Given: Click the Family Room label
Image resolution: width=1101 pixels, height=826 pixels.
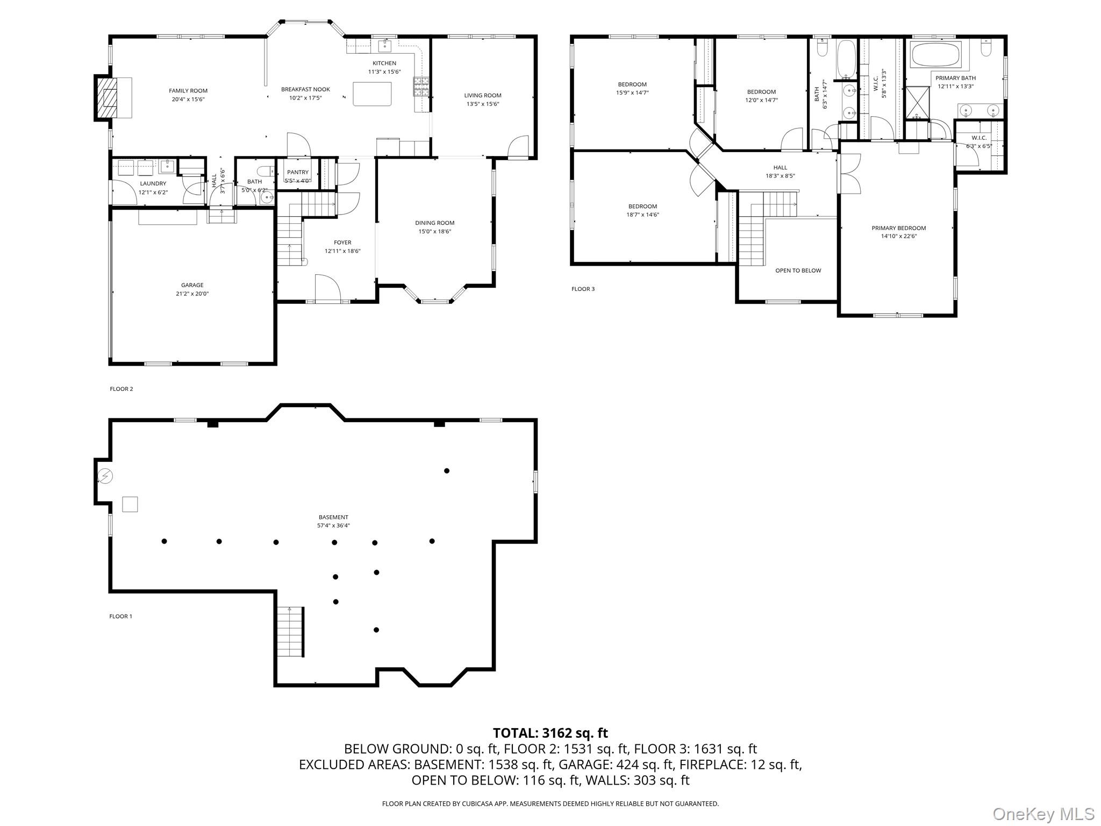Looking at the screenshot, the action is coord(188,91).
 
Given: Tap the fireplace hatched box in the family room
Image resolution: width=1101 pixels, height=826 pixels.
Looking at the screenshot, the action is coord(110,97).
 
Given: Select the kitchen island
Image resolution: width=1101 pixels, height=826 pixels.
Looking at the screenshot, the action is coord(372,94).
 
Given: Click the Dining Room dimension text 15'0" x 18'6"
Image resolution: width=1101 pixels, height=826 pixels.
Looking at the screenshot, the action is coord(434,232).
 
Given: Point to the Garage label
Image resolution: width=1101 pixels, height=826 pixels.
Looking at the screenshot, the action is coord(192,285).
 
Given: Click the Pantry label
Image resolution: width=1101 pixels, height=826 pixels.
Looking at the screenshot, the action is coord(298,172).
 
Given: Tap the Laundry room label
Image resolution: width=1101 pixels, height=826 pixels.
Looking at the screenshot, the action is coord(153,183).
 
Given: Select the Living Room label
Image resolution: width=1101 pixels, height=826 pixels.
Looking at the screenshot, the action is coord(483,95).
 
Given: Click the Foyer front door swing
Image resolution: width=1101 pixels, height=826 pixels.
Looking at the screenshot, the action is coord(328,288).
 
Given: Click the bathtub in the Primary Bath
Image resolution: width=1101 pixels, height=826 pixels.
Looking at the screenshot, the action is coord(936,54).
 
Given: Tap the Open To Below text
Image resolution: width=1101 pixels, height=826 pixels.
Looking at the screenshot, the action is coord(798,270).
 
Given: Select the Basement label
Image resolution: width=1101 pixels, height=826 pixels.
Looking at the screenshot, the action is coord(333,517).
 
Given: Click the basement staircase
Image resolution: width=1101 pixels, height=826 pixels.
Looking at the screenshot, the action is coord(290,632).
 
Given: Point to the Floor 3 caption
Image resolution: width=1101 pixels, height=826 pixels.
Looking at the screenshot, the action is coord(583,289).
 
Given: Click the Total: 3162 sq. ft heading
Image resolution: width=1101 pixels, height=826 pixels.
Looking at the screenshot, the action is coord(550,733).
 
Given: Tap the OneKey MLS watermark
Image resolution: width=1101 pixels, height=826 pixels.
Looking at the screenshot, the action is coord(1043,814).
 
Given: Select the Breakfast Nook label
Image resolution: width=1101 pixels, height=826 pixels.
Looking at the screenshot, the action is coord(305,89).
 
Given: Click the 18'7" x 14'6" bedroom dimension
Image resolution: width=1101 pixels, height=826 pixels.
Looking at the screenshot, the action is coord(642,215).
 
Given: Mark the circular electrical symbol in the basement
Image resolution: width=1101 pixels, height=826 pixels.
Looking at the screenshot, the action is coord(105,476).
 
